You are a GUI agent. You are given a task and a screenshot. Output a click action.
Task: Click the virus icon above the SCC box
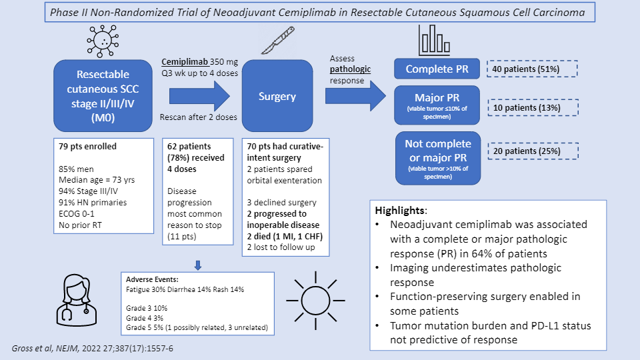[103, 41]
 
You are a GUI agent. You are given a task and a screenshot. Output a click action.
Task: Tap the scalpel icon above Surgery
[278, 41]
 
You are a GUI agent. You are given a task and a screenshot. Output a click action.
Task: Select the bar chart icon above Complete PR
[434, 40]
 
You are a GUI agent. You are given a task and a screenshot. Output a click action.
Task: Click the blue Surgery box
[277, 96]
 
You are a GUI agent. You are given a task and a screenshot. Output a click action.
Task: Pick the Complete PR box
[437, 69]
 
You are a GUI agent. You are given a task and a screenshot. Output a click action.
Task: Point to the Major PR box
[437, 105]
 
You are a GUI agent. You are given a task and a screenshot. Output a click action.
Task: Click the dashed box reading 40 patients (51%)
[532, 69]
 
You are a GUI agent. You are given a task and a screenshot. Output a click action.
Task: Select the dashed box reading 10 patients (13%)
[533, 108]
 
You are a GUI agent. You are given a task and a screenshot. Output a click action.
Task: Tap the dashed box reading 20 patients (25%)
[533, 151]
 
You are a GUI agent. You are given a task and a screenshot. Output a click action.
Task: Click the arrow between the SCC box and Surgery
[199, 96]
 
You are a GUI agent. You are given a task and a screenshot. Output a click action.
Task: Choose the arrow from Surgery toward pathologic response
[355, 96]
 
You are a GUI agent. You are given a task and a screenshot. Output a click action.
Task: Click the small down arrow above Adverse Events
[198, 265]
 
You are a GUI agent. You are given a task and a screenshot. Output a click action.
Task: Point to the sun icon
[315, 301]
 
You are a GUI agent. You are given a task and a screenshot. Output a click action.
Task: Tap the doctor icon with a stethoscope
[77, 300]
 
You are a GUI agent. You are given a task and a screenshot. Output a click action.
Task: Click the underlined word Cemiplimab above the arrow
[185, 62]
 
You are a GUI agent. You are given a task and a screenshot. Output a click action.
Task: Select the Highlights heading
[401, 211]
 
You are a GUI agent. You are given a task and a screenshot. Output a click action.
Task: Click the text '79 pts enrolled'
[87, 147]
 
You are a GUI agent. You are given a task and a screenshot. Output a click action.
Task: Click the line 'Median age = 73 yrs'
[96, 180]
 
